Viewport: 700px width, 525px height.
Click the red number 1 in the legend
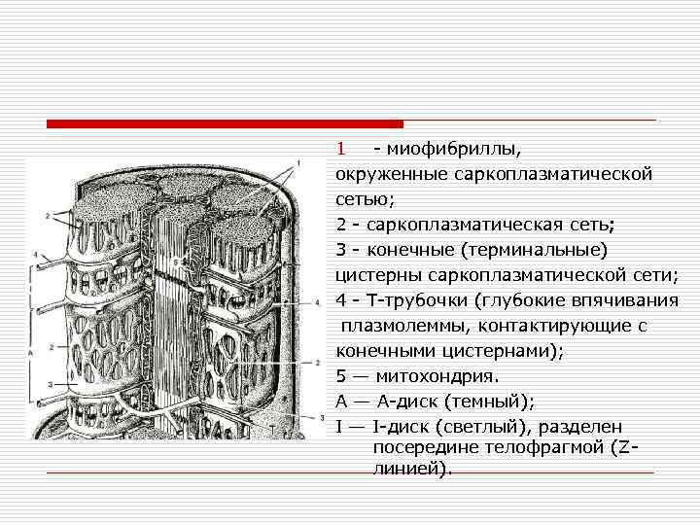[x=341, y=150]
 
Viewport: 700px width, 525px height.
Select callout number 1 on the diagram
[x=297, y=160]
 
